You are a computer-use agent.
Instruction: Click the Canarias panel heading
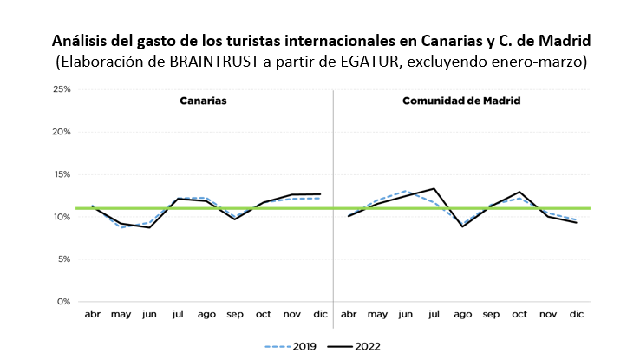tap(203, 101)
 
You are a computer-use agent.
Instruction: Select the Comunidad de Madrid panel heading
tap(461, 101)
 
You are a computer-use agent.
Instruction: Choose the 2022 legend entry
tap(355, 346)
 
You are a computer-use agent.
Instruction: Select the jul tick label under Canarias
tap(178, 316)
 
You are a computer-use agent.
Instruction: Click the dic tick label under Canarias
tap(320, 316)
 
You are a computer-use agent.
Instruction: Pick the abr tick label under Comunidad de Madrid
tap(349, 316)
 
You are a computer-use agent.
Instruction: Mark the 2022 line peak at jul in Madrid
tap(434, 188)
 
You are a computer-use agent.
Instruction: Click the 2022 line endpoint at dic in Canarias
tap(320, 193)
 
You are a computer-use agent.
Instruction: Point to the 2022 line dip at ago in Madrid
tap(462, 226)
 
